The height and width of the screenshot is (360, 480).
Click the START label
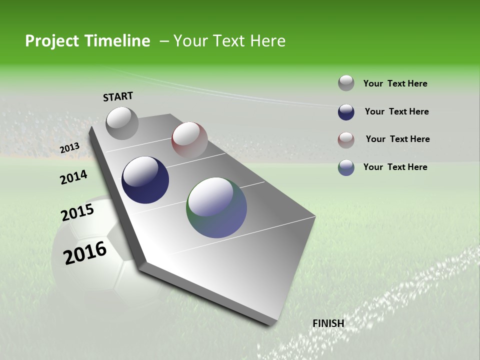[x=118, y=96]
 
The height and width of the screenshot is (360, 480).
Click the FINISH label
[x=328, y=323]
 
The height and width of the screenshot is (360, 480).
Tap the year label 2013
[x=69, y=148]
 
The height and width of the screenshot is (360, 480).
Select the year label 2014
[x=73, y=177]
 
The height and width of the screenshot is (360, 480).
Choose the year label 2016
[x=85, y=253]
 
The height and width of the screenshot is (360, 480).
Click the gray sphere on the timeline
[x=122, y=123]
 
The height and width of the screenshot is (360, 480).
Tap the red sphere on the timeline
[x=189, y=139]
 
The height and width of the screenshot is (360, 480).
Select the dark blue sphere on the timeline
[x=145, y=180]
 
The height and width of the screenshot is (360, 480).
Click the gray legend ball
[x=346, y=83]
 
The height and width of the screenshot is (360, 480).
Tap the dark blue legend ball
[x=346, y=112]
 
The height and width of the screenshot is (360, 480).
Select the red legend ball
[x=346, y=139]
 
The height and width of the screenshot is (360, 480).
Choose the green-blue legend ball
[x=346, y=167]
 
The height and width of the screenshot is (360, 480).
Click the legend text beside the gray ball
[x=395, y=83]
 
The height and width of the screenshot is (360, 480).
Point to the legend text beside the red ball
[x=397, y=139]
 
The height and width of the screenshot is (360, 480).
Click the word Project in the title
[x=52, y=41]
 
